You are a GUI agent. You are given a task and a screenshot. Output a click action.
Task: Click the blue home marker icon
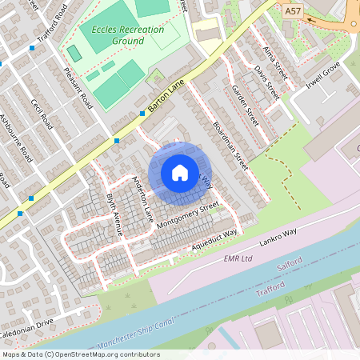click(x=180, y=173)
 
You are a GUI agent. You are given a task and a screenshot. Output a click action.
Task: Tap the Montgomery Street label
click(x=188, y=212)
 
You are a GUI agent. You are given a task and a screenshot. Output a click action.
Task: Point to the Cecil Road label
click(x=41, y=114)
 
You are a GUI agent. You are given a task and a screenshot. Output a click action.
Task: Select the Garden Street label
click(x=244, y=103)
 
